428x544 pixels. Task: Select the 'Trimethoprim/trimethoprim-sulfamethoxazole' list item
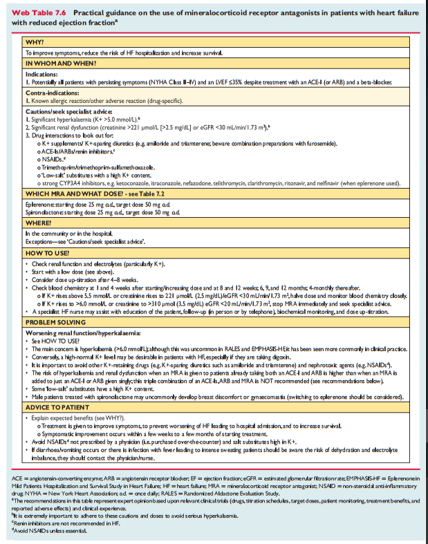(96, 167)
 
